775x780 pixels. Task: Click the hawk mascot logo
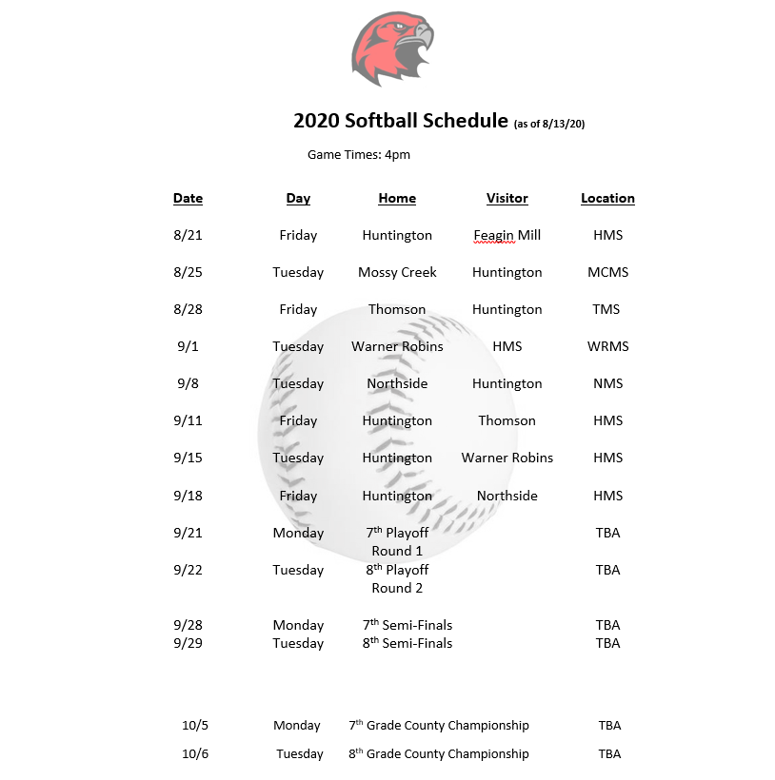point(391,49)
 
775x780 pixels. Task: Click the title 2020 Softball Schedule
point(400,121)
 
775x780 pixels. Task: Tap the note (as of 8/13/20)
point(555,124)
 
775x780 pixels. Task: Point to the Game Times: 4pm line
point(359,154)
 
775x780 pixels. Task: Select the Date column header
point(188,198)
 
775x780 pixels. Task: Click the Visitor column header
point(507,198)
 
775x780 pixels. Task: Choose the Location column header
point(607,198)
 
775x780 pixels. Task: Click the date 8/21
point(188,235)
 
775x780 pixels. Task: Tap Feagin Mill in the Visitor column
point(507,235)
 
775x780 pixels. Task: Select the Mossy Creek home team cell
point(397,272)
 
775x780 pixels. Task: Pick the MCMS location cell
point(607,272)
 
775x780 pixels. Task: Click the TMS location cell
point(606,309)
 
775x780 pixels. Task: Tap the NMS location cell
point(607,383)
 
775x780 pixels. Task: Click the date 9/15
point(188,458)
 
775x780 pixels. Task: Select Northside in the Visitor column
point(507,496)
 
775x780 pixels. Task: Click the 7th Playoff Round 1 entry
point(397,541)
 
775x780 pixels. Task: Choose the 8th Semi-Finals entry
point(407,643)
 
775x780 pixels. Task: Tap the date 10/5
point(194,725)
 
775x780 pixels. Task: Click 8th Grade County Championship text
point(438,753)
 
